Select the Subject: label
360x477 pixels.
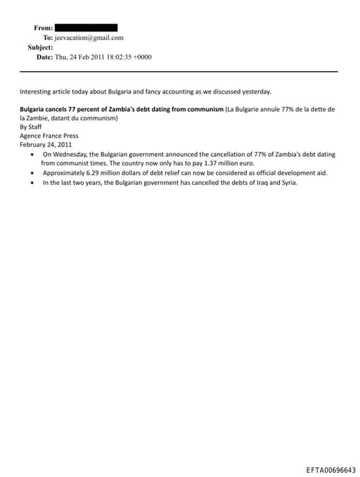(x=40, y=47)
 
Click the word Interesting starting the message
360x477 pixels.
(x=35, y=91)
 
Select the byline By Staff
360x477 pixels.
(x=30, y=127)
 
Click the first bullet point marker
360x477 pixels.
(x=33, y=154)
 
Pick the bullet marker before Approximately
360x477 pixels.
(x=33, y=173)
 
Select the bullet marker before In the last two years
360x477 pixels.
(x=33, y=183)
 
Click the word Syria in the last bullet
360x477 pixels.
(x=287, y=183)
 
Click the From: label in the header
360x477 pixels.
(x=43, y=27)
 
